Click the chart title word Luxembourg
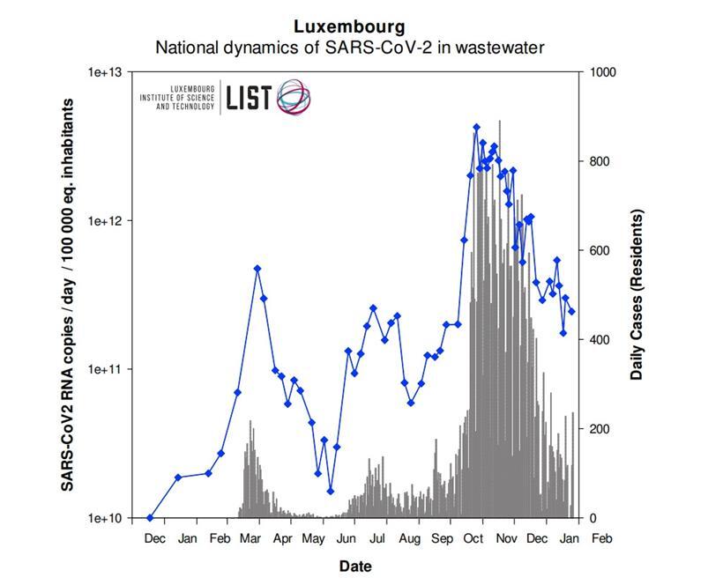tap(350, 26)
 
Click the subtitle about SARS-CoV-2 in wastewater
tap(350, 47)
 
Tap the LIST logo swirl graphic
tap(294, 97)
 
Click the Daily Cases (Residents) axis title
tap(637, 294)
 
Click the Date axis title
tap(355, 566)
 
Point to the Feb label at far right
tap(601, 537)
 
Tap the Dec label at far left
tap(154, 537)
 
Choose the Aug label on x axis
tap(409, 537)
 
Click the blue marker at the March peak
tap(257, 268)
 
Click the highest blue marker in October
tap(476, 127)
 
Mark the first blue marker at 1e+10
tap(150, 518)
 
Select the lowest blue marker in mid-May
tap(331, 491)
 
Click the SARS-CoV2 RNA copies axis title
tap(67, 294)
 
